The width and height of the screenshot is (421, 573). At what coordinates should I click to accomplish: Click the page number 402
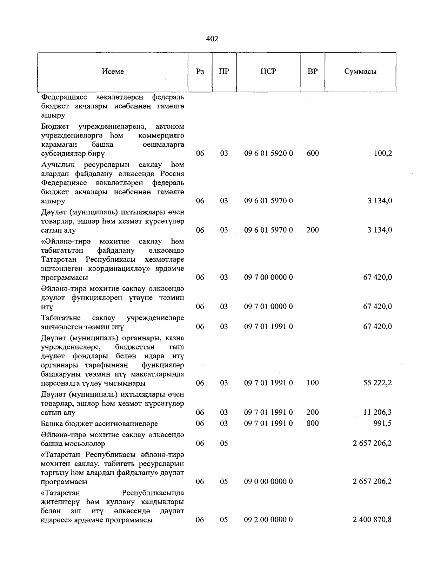click(212, 39)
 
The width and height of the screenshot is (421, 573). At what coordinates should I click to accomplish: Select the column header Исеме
click(113, 72)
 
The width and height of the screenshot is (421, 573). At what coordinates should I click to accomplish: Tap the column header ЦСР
click(268, 72)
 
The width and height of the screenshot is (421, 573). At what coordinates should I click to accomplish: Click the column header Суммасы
click(360, 72)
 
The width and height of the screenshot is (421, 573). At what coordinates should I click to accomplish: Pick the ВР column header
click(313, 72)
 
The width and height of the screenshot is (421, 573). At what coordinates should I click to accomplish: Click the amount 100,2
click(383, 153)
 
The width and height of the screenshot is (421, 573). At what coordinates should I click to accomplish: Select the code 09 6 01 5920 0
click(268, 153)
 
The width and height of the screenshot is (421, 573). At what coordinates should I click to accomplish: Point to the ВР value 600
click(313, 153)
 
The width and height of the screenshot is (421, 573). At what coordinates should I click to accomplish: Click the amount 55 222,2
click(377, 383)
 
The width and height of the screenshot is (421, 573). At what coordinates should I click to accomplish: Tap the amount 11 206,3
click(377, 412)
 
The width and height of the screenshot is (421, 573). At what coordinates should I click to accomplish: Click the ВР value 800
click(313, 424)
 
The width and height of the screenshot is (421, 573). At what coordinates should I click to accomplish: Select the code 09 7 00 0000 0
click(268, 278)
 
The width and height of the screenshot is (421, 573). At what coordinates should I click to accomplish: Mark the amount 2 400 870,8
click(372, 520)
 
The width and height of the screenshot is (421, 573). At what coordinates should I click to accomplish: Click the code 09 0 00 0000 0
click(268, 481)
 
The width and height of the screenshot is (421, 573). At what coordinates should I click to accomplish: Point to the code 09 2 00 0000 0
click(268, 520)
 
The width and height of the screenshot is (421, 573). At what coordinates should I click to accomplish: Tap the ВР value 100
click(313, 383)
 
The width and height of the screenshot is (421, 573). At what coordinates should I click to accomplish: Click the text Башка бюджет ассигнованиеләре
click(99, 424)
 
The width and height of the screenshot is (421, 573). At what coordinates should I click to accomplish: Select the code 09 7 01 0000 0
click(268, 307)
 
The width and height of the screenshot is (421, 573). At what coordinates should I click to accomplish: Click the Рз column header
click(200, 72)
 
